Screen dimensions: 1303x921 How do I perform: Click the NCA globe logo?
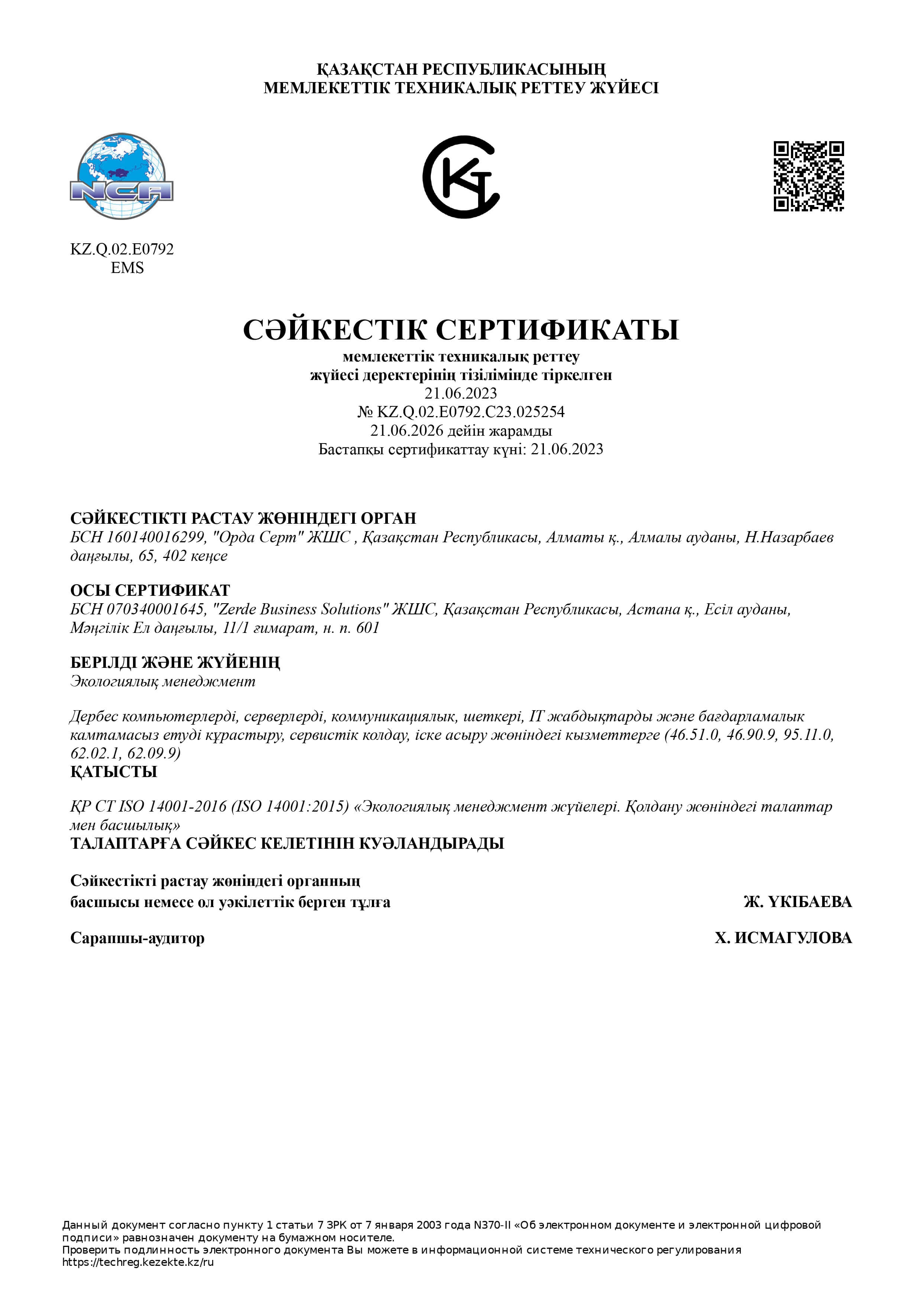121,176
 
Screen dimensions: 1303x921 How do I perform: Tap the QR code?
809,176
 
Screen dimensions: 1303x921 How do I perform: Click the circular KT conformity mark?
461,176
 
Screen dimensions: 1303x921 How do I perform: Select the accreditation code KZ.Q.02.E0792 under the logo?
122,249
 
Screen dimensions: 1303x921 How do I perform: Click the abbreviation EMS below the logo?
127,268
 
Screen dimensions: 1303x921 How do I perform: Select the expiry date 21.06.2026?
406,431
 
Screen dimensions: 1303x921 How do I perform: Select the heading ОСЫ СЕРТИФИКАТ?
150,590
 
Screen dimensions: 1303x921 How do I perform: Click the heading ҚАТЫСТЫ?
113,772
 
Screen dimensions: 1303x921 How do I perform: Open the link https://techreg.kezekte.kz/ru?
138,1262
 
